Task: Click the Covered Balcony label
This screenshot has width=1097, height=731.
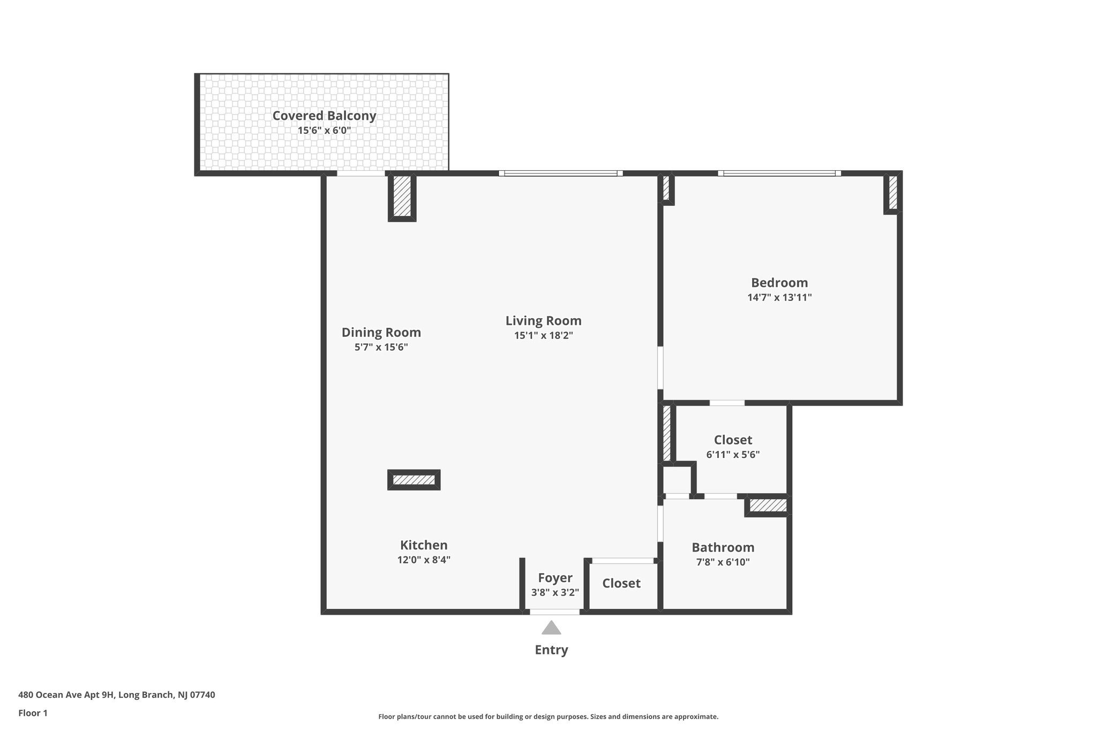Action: pyautogui.click(x=324, y=116)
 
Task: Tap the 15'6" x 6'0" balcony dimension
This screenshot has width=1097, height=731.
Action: pyautogui.click(x=324, y=130)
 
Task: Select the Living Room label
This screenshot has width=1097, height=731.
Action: pyautogui.click(x=543, y=321)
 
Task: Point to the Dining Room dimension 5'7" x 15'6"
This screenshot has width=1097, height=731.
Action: pyautogui.click(x=381, y=347)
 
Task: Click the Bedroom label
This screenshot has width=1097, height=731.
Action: pyautogui.click(x=779, y=283)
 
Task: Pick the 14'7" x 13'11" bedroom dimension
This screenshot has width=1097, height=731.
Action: pyautogui.click(x=779, y=297)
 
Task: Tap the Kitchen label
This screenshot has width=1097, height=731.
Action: pyautogui.click(x=423, y=545)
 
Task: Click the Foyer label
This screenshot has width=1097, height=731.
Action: pyautogui.click(x=555, y=578)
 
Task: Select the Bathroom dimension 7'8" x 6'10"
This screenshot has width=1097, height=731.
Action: pyautogui.click(x=723, y=562)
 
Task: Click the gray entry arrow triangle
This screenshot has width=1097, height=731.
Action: pyautogui.click(x=551, y=628)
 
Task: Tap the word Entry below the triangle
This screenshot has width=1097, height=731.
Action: pyautogui.click(x=551, y=650)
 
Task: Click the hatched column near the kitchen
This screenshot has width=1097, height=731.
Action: pyautogui.click(x=414, y=480)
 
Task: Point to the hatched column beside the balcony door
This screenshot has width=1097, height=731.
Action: pyautogui.click(x=402, y=197)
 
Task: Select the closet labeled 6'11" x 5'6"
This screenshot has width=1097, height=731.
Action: pyautogui.click(x=733, y=447)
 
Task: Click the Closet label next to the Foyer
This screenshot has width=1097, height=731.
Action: pyautogui.click(x=621, y=583)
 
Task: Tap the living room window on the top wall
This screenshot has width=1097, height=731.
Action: pyautogui.click(x=560, y=174)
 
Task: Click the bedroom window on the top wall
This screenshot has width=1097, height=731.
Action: pyautogui.click(x=779, y=174)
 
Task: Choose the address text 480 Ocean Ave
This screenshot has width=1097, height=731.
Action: pyautogui.click(x=116, y=695)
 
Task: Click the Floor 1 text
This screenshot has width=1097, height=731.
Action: pyautogui.click(x=33, y=713)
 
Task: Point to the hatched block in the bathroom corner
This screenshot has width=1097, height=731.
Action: pyautogui.click(x=767, y=505)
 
